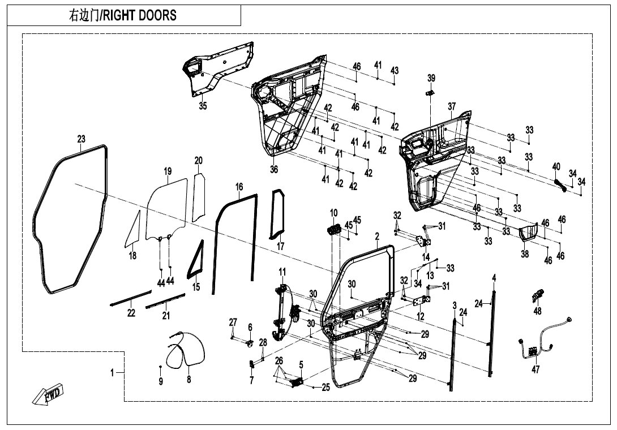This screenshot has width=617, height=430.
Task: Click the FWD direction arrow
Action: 48,394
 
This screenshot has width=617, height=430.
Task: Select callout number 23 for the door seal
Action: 82,139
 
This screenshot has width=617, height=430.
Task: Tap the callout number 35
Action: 203,106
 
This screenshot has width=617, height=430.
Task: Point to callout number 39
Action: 431,78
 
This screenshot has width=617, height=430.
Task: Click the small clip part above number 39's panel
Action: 430,92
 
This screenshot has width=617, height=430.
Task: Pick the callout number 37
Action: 451,106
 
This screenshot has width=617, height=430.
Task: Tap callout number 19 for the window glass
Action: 168,171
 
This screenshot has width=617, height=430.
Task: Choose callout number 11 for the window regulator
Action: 282,272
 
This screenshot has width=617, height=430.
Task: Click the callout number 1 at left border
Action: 112,372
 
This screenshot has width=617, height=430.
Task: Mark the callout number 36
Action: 275,169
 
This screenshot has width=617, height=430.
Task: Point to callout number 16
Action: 239,187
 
